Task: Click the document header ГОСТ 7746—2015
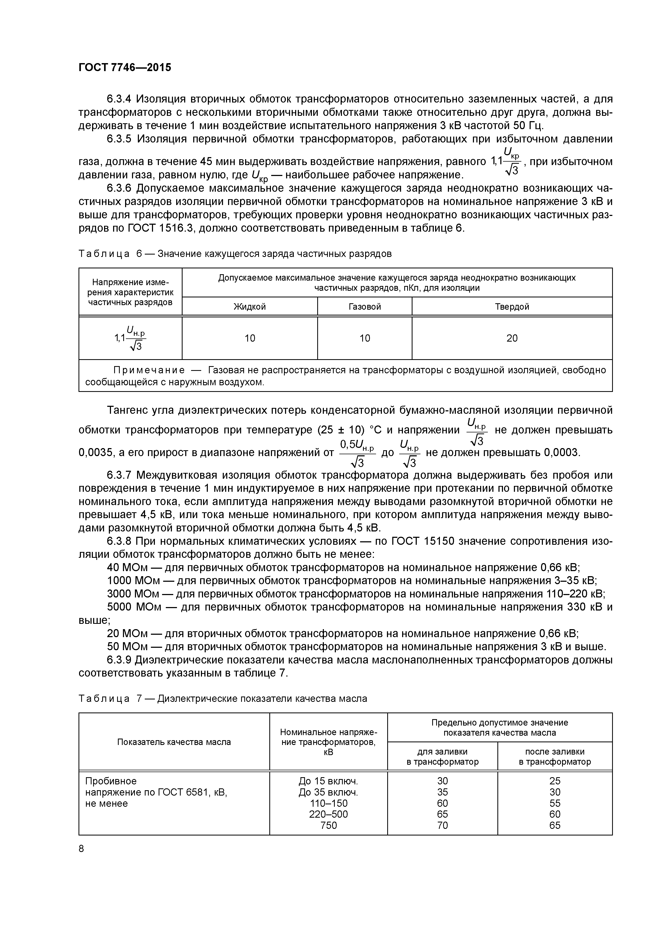click(x=125, y=68)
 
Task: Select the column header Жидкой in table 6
click(x=249, y=307)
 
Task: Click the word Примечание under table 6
click(x=149, y=370)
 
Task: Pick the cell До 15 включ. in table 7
click(x=329, y=781)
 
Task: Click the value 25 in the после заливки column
click(x=554, y=781)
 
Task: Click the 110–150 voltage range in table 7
click(x=329, y=804)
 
